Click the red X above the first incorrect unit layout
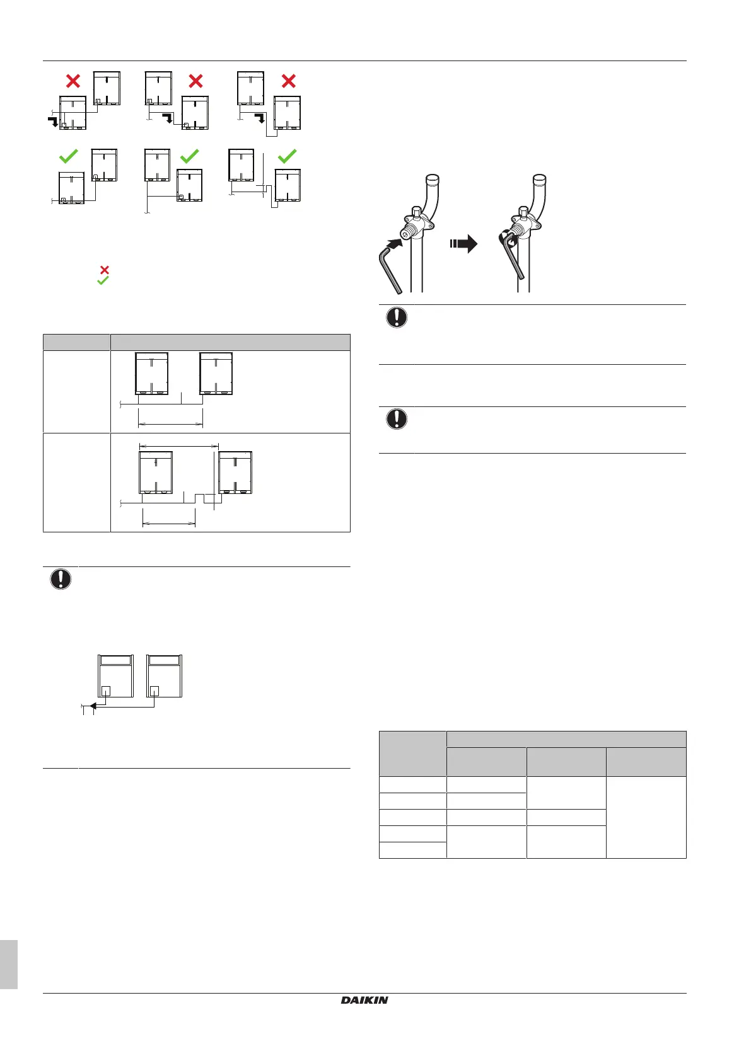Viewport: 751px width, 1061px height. pos(73,81)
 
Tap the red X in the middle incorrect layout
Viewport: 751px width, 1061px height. pos(196,81)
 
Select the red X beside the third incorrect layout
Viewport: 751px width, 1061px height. pos(288,81)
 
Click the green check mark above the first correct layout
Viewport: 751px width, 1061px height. pos(68,156)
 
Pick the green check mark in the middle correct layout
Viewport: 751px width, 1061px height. pos(190,156)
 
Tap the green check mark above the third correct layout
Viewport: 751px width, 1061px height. pos(288,156)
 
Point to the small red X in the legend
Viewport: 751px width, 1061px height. pos(105,270)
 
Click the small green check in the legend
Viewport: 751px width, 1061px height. pos(103,280)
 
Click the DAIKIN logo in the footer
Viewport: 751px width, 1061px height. pos(364,1000)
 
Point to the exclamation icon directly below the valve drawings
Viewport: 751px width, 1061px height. pos(397,318)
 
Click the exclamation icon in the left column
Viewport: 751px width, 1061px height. pos(61,579)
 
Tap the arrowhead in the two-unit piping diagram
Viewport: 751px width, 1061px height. pos(92,706)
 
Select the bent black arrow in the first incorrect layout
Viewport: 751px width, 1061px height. pos(53,121)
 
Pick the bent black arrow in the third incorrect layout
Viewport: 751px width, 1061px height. pos(259,117)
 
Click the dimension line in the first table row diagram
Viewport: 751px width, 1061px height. pos(170,425)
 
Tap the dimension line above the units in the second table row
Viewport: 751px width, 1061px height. pos(178,445)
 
